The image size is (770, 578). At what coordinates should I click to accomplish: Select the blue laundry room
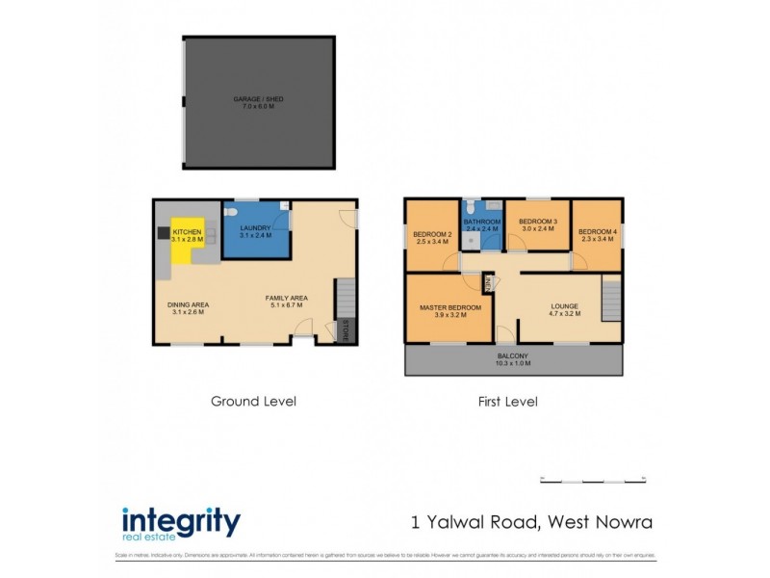pos(255,232)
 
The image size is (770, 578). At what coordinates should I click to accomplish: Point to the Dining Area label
pos(188,307)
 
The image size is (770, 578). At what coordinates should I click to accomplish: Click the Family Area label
pos(286,302)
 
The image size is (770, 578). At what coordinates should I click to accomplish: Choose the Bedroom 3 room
pos(538,225)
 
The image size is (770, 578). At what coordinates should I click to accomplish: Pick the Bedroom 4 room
pos(597,234)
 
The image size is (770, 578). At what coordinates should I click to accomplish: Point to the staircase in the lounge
pos(610,298)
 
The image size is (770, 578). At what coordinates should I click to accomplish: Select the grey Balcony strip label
pos(512,359)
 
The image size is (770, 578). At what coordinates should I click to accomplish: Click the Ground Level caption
pos(253,401)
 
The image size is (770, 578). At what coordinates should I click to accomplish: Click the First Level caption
pos(506,401)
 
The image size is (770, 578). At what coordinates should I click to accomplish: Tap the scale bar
pos(591,479)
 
